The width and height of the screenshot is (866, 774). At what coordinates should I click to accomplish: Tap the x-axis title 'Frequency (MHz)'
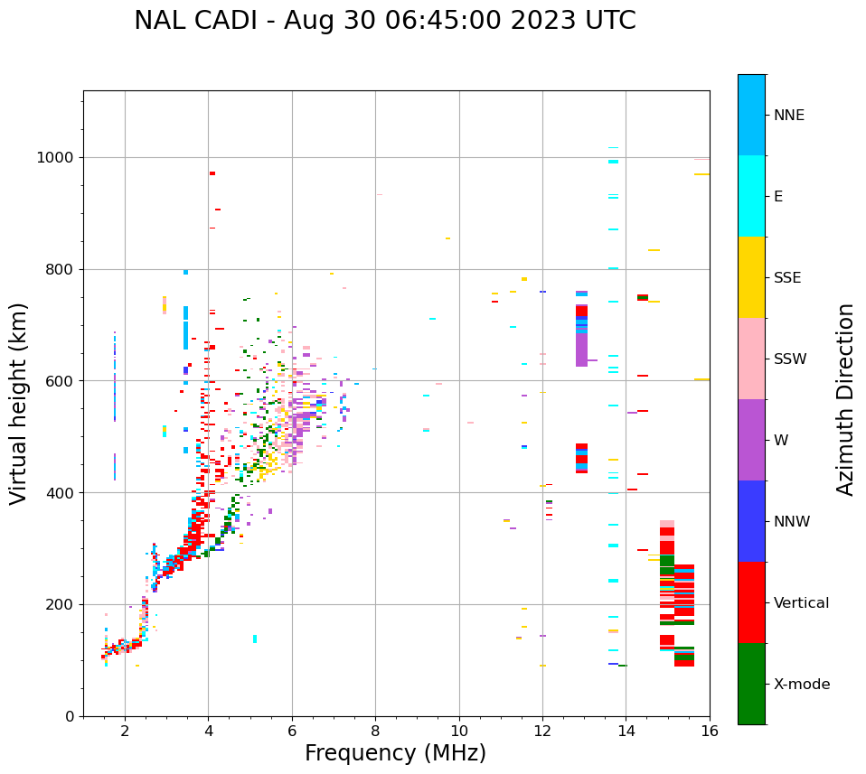(395, 753)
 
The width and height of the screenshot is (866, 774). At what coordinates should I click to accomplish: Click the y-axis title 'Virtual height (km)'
(19, 403)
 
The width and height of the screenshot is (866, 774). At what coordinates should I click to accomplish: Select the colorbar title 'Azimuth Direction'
(845, 399)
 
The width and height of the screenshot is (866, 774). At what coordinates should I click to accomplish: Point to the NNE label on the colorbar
(788, 116)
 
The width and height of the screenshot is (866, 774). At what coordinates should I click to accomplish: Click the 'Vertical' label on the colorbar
(801, 603)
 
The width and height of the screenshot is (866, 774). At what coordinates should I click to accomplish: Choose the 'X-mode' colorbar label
(802, 685)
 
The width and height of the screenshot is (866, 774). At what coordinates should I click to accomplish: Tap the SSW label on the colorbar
(790, 359)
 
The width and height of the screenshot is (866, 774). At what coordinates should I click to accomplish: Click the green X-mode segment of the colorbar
(751, 684)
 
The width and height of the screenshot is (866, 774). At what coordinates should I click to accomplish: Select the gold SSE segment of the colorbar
(751, 277)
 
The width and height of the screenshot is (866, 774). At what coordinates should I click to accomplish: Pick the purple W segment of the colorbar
(751, 440)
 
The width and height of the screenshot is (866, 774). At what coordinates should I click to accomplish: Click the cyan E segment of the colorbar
(751, 196)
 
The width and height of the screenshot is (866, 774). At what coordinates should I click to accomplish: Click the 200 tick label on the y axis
(62, 604)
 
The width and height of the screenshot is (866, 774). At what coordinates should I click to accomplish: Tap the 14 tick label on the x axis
(626, 730)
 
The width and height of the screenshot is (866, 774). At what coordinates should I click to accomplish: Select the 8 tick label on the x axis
(375, 730)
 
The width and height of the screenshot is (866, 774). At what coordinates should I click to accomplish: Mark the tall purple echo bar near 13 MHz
(581, 349)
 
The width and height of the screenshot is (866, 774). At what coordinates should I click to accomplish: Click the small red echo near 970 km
(212, 173)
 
